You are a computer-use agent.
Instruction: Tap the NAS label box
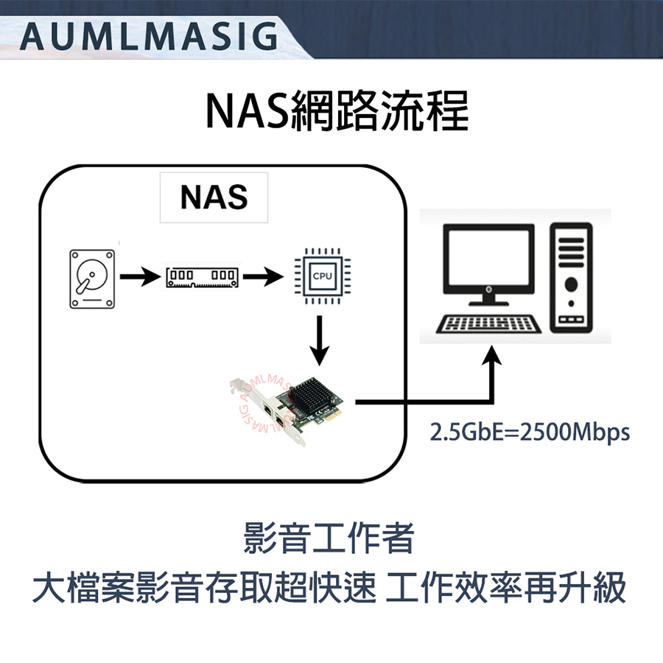click(214, 197)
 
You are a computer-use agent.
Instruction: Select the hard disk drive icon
click(93, 278)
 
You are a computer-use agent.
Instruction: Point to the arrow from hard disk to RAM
click(139, 278)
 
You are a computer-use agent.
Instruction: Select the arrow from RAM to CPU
click(263, 278)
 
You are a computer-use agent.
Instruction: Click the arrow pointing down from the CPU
click(320, 341)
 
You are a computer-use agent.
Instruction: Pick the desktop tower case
click(570, 278)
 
